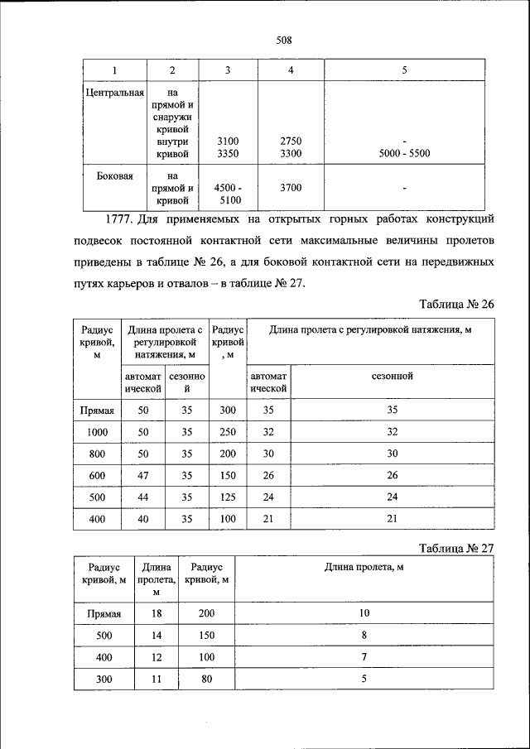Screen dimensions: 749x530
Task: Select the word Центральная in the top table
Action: tap(115, 93)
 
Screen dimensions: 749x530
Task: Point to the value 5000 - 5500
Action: tap(404, 153)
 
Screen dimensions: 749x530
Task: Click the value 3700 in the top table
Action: tap(291, 188)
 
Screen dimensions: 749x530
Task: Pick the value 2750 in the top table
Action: tap(291, 142)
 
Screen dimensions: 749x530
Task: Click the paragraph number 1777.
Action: tap(121, 220)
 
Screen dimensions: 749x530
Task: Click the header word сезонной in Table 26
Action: tap(393, 377)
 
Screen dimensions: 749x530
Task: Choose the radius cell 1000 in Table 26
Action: tap(97, 431)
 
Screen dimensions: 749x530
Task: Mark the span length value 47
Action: tap(143, 475)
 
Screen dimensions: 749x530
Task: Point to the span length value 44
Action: tap(143, 497)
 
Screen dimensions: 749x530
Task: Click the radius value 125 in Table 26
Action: tap(228, 497)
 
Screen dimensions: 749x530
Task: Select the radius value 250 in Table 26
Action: tap(228, 431)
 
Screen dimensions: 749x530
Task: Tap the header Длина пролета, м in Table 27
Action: tap(364, 567)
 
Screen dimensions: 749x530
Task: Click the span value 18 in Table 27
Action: tap(156, 613)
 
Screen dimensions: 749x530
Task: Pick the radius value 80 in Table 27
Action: tap(206, 679)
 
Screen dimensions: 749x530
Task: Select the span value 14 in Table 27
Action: tap(156, 635)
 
